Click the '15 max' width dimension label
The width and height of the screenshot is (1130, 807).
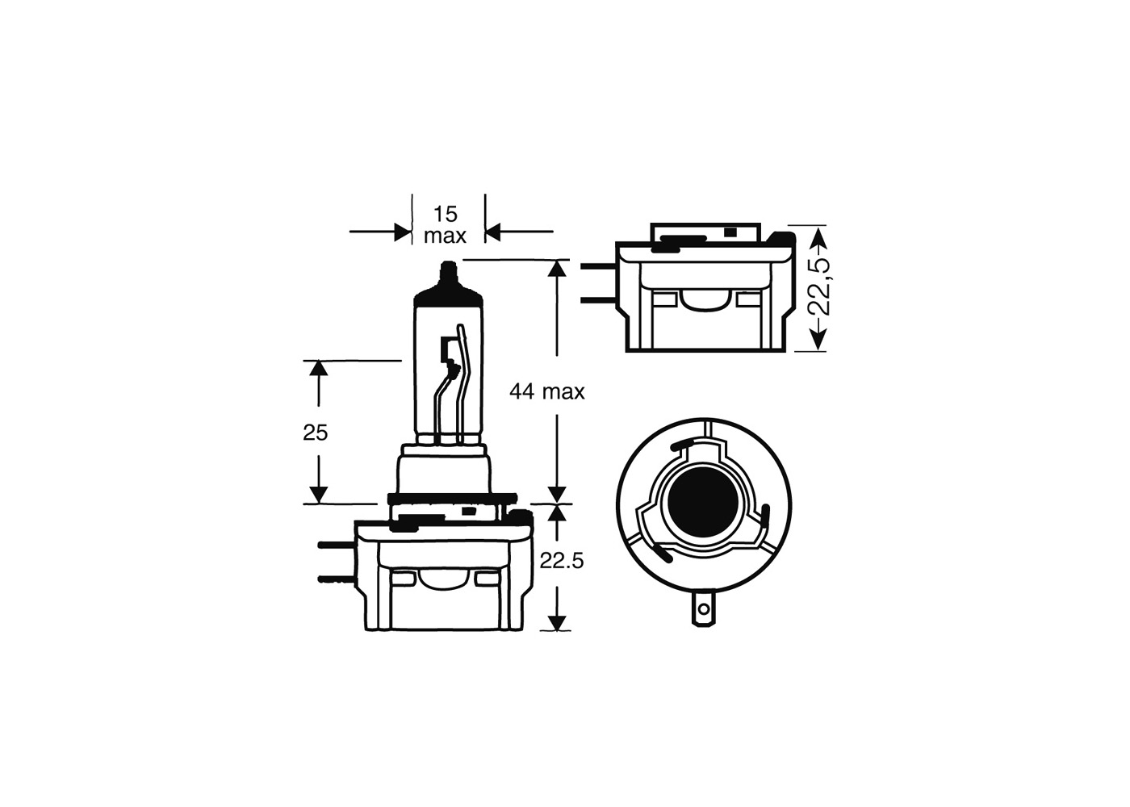tap(445, 225)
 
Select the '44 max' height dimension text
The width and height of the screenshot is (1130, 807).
tap(546, 392)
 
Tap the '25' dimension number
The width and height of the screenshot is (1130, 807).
tap(316, 433)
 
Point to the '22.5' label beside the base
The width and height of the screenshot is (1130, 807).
tap(562, 561)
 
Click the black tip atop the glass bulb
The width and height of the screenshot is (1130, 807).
tap(448, 274)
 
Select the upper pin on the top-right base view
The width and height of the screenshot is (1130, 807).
tap(598, 267)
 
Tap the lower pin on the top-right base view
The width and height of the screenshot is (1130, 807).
tap(598, 301)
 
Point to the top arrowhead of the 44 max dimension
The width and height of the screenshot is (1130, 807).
tap(556, 269)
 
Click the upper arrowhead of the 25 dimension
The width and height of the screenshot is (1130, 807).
tap(320, 369)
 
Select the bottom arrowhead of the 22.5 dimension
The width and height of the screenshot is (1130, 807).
tap(556, 621)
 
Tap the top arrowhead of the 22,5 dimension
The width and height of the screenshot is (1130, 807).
tap(818, 236)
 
